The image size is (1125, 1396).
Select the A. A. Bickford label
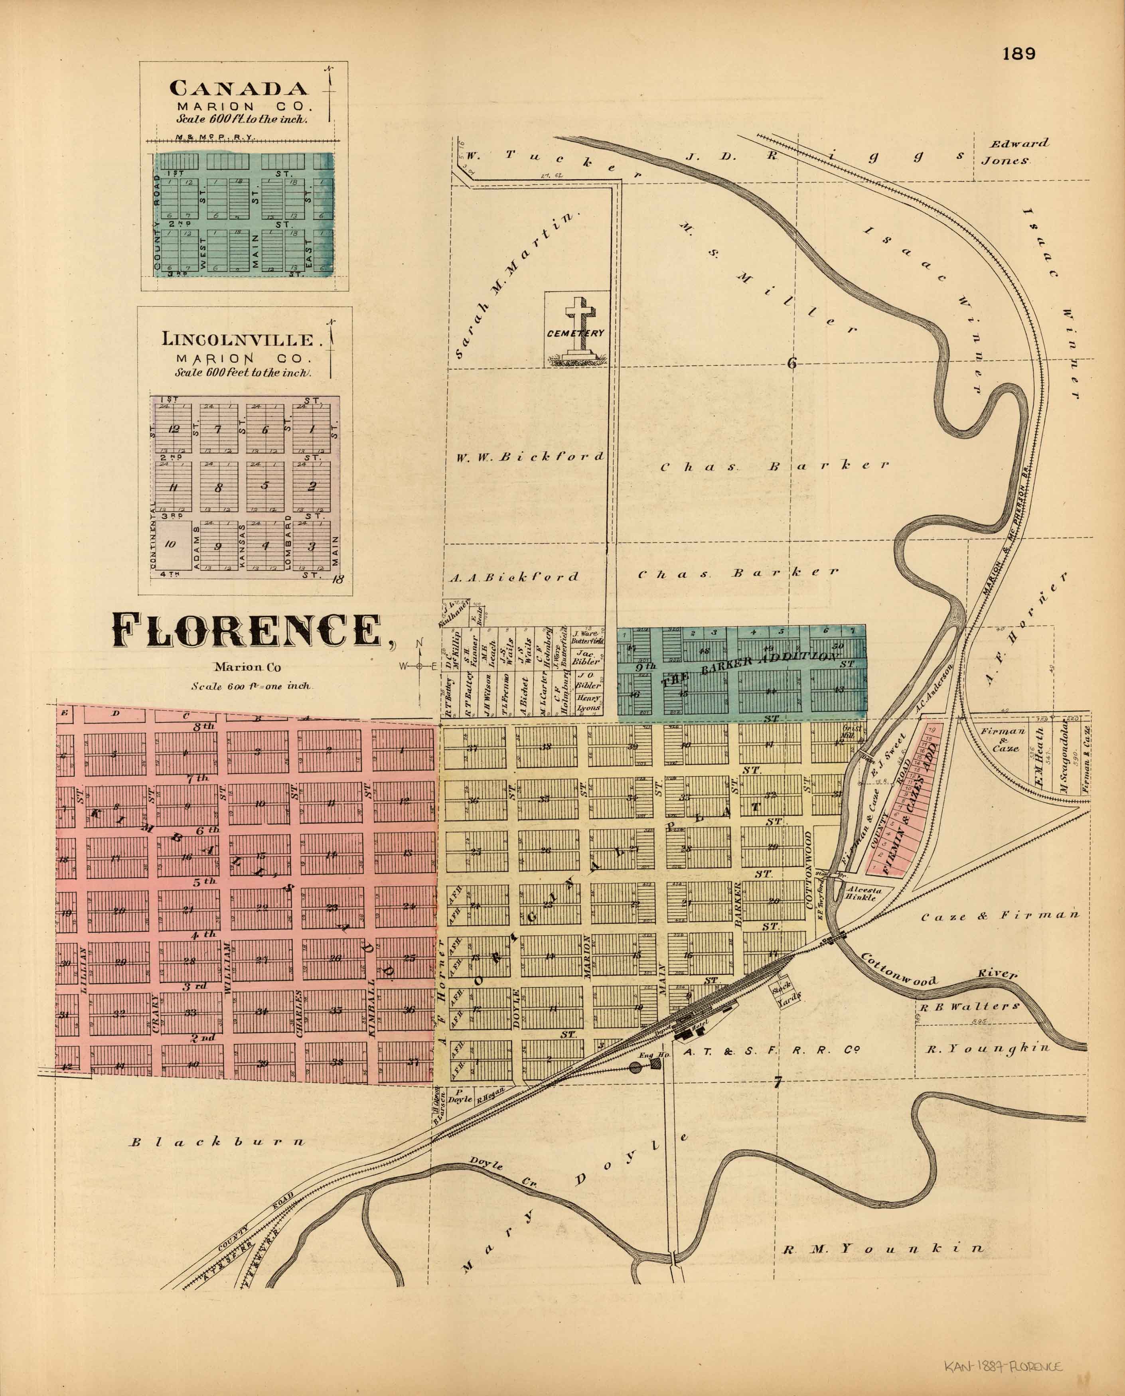click(514, 576)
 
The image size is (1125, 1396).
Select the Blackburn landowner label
click(217, 1142)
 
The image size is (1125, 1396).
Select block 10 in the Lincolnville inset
click(170, 544)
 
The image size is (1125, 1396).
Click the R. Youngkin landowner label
click(986, 1049)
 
